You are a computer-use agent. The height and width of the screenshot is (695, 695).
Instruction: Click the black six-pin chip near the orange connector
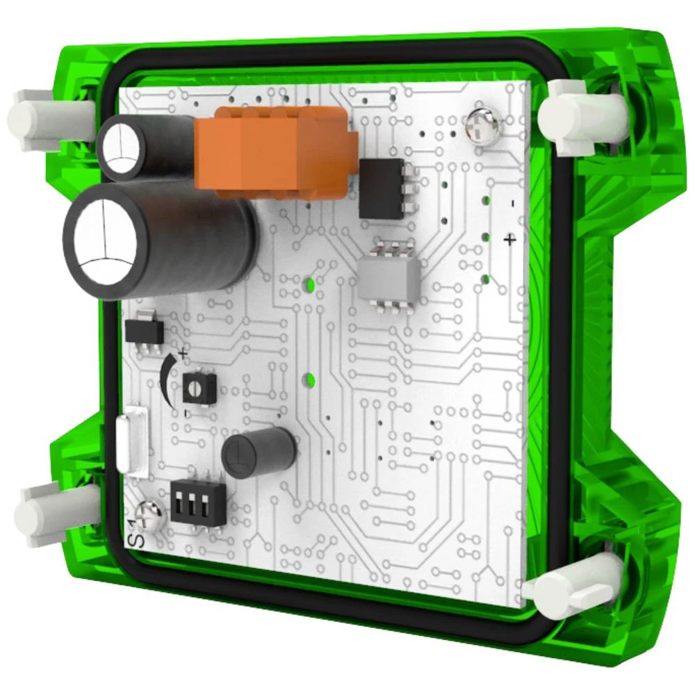tap(383, 188)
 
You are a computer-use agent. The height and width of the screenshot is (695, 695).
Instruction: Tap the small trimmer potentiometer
tap(199, 384)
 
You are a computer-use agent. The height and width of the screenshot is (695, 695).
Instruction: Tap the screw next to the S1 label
tap(150, 514)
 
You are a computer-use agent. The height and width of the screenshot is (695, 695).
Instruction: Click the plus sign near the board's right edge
tap(510, 240)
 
